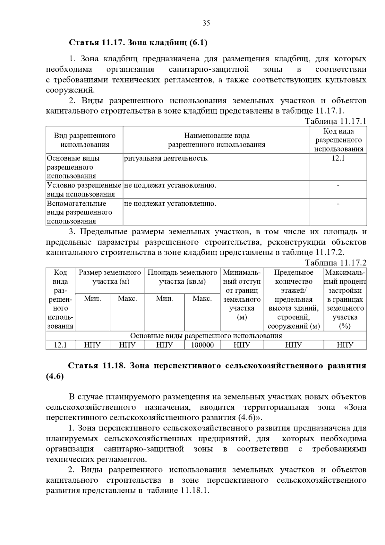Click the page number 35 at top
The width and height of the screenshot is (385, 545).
(x=206, y=23)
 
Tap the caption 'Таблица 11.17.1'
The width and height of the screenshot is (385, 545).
(x=335, y=121)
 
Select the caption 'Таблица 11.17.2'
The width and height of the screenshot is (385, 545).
(x=335, y=263)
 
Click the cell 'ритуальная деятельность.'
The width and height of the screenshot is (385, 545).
(x=166, y=158)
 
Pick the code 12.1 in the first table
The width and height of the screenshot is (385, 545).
(x=338, y=158)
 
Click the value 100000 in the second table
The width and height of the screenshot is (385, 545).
(x=202, y=345)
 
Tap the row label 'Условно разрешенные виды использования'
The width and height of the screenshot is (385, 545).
(x=84, y=190)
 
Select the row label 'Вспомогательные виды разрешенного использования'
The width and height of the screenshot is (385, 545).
(x=80, y=212)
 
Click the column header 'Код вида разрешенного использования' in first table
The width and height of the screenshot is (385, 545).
(x=338, y=140)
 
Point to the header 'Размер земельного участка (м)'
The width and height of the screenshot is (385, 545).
(x=110, y=277)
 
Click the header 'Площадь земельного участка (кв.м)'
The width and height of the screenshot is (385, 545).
(x=182, y=277)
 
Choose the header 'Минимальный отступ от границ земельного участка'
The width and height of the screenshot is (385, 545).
(x=242, y=295)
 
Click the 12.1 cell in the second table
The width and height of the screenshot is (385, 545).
(x=60, y=345)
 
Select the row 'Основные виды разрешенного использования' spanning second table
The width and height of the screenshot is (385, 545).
(x=206, y=336)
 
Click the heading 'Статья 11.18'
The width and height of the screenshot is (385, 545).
(x=96, y=366)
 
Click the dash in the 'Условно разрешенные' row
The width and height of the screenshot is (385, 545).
(x=338, y=186)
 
